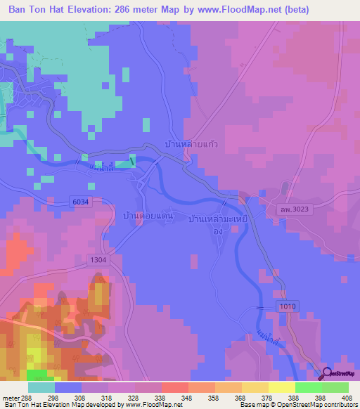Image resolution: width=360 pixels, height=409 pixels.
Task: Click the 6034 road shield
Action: point(82,202)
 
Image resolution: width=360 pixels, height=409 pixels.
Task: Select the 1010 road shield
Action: point(288,306)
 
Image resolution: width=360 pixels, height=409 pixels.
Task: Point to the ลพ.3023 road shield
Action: point(288,209)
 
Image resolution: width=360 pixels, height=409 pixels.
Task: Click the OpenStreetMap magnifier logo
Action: point(328,375)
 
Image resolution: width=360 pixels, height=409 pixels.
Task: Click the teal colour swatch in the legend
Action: point(41,387)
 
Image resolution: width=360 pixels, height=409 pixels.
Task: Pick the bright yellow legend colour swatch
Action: point(281,387)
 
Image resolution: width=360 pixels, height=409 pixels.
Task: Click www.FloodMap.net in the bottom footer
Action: point(153,405)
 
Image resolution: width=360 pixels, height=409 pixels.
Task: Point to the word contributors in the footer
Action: point(341,405)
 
